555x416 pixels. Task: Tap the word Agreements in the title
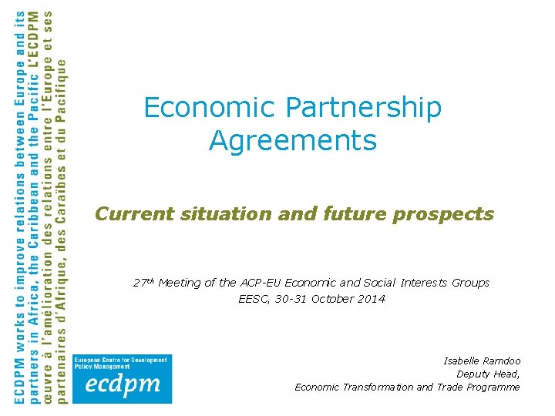pos(292,141)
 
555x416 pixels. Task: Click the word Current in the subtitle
pos(134,213)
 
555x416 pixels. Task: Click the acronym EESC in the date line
pos(253,299)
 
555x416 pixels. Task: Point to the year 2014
pos(372,299)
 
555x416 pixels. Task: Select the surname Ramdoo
pos(503,361)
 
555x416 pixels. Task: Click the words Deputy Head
pos(488,374)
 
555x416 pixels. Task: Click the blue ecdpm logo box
pos(122,378)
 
